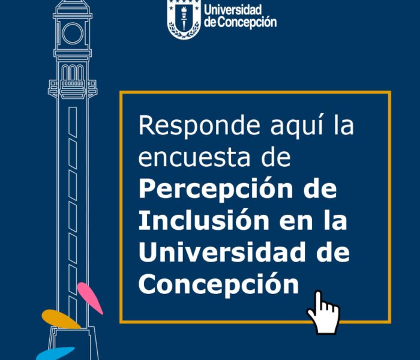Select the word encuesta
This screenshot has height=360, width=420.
[x=194, y=158]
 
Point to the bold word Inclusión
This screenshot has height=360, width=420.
[x=204, y=220]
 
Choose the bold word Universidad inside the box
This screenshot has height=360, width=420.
[x=222, y=252]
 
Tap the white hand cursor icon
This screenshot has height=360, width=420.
[x=323, y=313]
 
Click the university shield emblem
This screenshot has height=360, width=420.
[x=184, y=18]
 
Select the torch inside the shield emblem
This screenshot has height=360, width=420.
[x=184, y=18]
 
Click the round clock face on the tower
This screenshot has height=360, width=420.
[x=73, y=33]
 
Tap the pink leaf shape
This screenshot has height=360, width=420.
[x=90, y=298]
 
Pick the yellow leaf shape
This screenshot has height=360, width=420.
[x=61, y=319]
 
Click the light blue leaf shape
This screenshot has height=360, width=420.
[x=55, y=353]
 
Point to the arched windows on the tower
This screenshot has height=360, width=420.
[x=73, y=73]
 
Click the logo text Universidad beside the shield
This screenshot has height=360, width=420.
[x=233, y=10]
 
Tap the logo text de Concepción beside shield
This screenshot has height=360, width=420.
[x=240, y=22]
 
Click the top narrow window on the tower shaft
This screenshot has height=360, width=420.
[x=73, y=122]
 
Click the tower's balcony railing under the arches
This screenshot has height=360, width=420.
[x=73, y=83]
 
